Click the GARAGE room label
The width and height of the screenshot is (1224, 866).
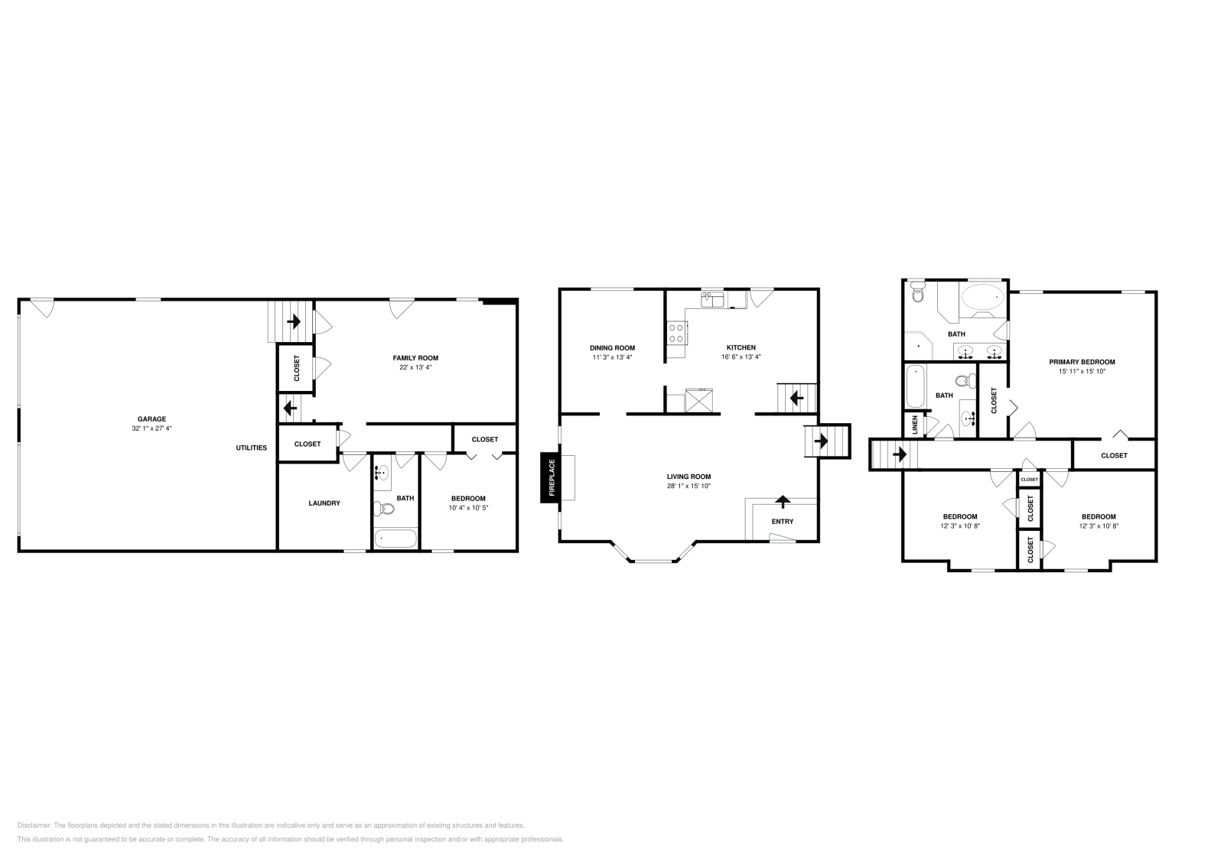tap(151, 418)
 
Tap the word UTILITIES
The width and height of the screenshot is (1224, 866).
tap(251, 448)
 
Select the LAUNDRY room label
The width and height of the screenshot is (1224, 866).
tap(324, 503)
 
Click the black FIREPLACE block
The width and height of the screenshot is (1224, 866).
tap(549, 477)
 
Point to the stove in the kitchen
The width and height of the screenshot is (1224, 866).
tap(677, 333)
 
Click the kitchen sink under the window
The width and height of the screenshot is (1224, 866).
tap(713, 300)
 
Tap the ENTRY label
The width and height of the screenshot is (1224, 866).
tap(782, 522)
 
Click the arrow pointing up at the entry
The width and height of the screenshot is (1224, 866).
tap(783, 502)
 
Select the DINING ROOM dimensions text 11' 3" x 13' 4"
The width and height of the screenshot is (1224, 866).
tap(612, 357)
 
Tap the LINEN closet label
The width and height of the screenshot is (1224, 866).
tap(914, 425)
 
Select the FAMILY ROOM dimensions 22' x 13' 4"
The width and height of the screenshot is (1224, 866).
tap(415, 367)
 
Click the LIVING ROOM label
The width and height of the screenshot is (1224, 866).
tap(688, 476)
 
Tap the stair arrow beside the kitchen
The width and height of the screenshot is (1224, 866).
tap(796, 398)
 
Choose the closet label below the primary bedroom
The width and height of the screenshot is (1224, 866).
tap(1114, 455)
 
